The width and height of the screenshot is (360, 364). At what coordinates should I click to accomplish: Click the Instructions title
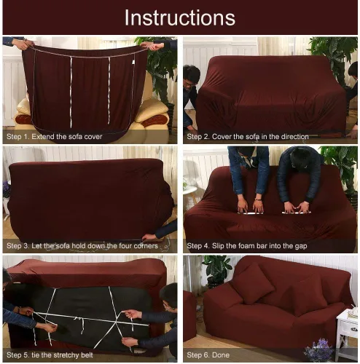tap(180, 17)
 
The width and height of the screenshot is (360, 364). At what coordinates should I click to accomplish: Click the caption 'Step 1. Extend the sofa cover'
tap(55, 137)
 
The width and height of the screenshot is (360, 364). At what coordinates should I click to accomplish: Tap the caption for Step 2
tap(248, 137)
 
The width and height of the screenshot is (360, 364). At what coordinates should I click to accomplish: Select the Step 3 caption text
tap(82, 246)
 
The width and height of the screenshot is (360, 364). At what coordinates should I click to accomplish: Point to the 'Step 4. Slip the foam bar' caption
tap(247, 246)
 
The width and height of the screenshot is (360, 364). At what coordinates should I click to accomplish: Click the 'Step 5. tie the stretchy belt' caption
tap(50, 355)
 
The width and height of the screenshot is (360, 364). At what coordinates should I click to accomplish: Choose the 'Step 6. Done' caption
tap(208, 355)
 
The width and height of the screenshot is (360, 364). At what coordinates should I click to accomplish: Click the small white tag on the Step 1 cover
tap(133, 62)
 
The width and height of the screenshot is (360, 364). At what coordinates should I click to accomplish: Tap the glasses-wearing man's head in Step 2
tap(192, 76)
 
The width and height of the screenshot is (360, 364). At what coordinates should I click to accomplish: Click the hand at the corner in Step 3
tap(149, 237)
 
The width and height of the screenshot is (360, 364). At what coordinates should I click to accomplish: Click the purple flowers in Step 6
tap(319, 349)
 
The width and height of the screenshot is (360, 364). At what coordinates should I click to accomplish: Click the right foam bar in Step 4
tap(297, 213)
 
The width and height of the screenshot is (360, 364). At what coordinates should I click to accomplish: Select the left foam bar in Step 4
tap(251, 213)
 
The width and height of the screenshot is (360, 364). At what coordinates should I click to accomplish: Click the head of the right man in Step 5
tap(169, 296)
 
